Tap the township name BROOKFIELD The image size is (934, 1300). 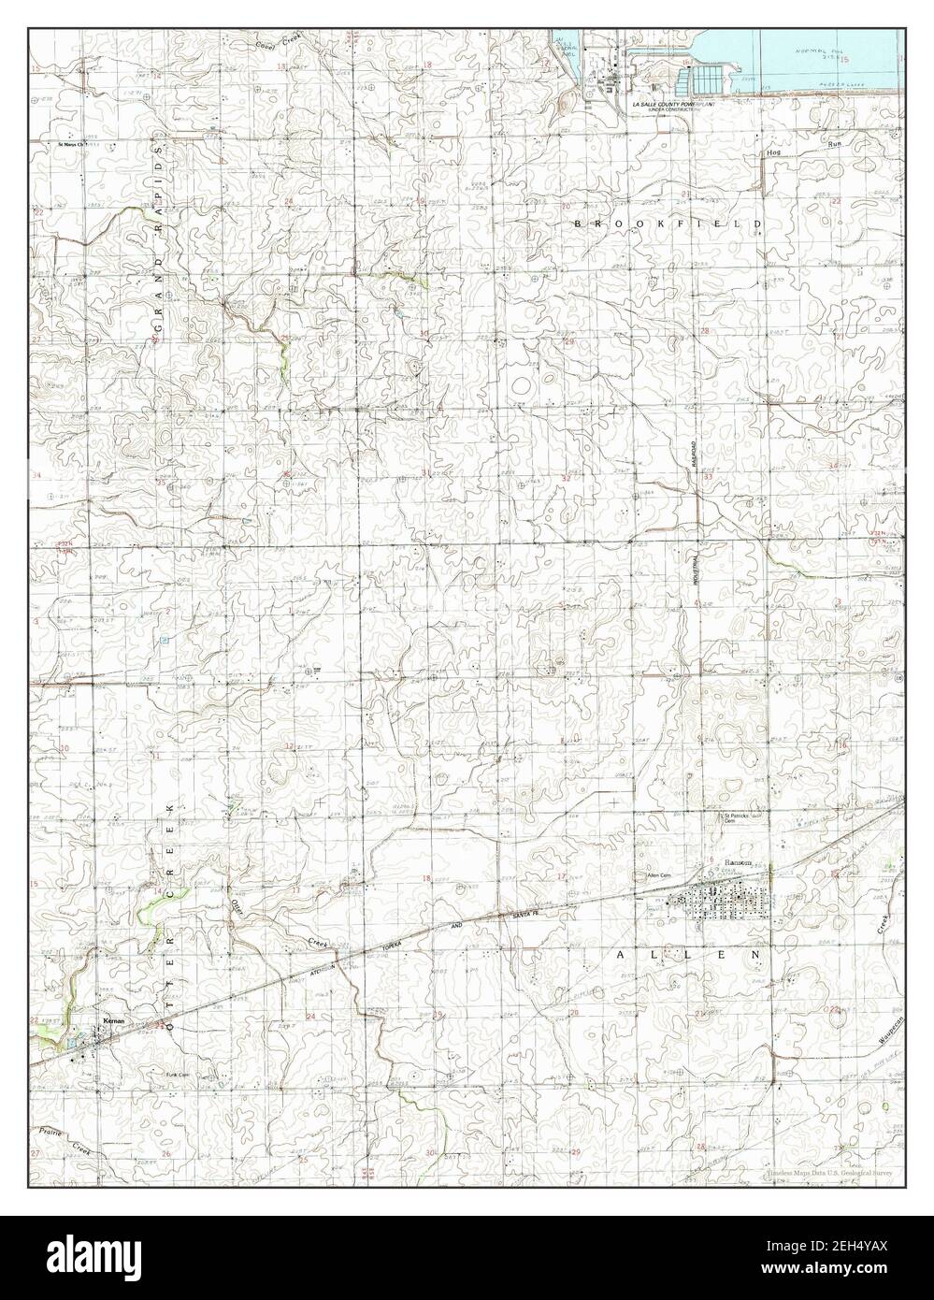[x=668, y=224]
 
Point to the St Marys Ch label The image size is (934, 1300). [x=72, y=145]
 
